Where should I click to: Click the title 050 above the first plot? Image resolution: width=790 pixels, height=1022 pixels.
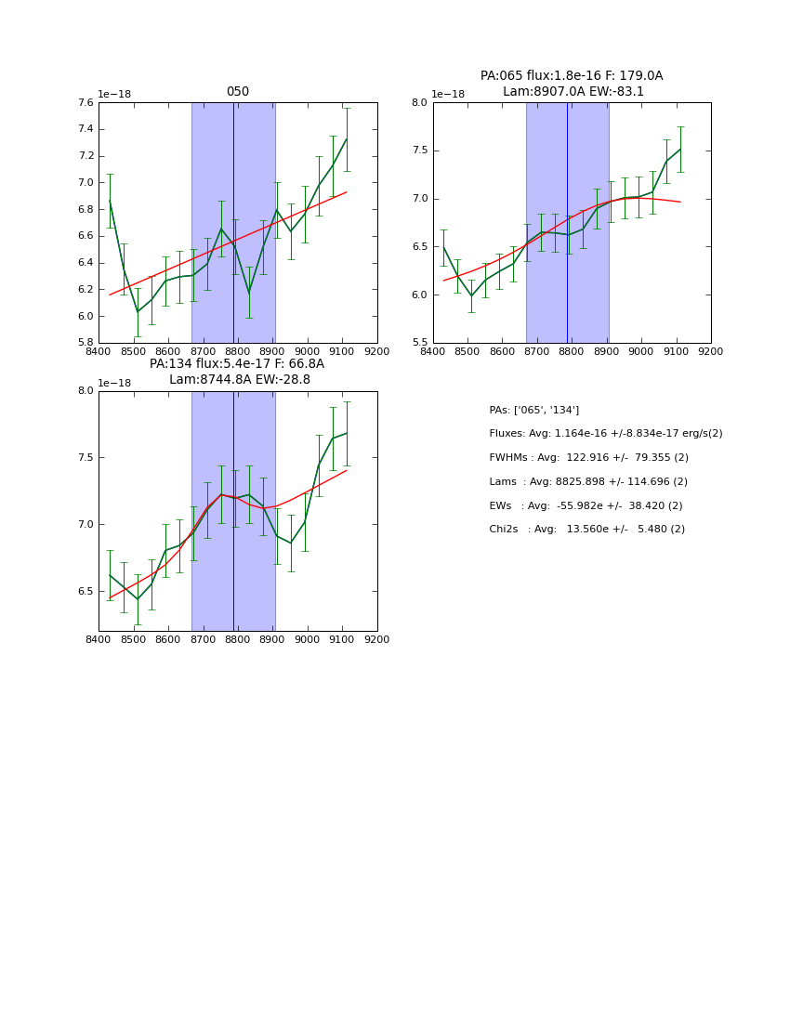click(238, 92)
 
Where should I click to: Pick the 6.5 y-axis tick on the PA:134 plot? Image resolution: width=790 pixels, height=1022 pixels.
click(86, 591)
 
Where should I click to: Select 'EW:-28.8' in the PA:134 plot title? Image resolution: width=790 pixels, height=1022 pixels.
click(281, 380)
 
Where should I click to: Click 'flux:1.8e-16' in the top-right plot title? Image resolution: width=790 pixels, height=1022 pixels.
click(554, 76)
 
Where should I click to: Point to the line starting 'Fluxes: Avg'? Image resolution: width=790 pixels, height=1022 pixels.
click(605, 434)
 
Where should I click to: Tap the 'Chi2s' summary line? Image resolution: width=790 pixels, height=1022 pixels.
click(586, 530)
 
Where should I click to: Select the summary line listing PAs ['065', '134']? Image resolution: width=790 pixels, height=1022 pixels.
click(533, 410)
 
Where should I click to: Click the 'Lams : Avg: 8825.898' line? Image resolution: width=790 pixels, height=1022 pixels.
click(587, 482)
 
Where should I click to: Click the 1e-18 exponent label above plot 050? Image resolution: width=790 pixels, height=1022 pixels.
click(115, 95)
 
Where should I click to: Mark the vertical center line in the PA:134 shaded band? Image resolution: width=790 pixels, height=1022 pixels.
click(233, 511)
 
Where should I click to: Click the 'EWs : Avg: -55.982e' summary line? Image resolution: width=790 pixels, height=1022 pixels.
click(586, 505)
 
